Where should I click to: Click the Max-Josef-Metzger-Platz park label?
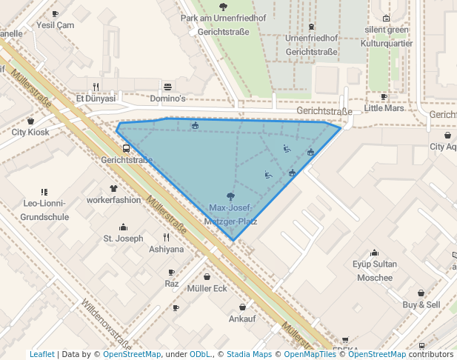[233, 214]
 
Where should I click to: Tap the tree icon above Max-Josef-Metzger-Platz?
[232, 196]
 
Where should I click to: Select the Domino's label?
[167, 99]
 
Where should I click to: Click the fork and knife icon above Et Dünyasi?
[96, 86]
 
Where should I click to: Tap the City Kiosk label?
[30, 132]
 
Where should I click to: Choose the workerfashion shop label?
[113, 200]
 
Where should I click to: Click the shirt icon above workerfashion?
[113, 189]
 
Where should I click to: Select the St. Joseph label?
[123, 239]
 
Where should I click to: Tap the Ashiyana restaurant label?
[166, 250]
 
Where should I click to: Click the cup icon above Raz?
[172, 273]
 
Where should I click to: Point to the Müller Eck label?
[207, 288]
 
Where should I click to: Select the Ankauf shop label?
[242, 319]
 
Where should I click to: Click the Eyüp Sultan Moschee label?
[375, 270]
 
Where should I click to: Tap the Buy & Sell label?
[421, 304]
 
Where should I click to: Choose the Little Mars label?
[384, 108]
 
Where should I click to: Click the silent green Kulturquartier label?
[386, 36]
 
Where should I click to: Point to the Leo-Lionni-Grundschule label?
[46, 210]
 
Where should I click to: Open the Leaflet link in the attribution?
[42, 354]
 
